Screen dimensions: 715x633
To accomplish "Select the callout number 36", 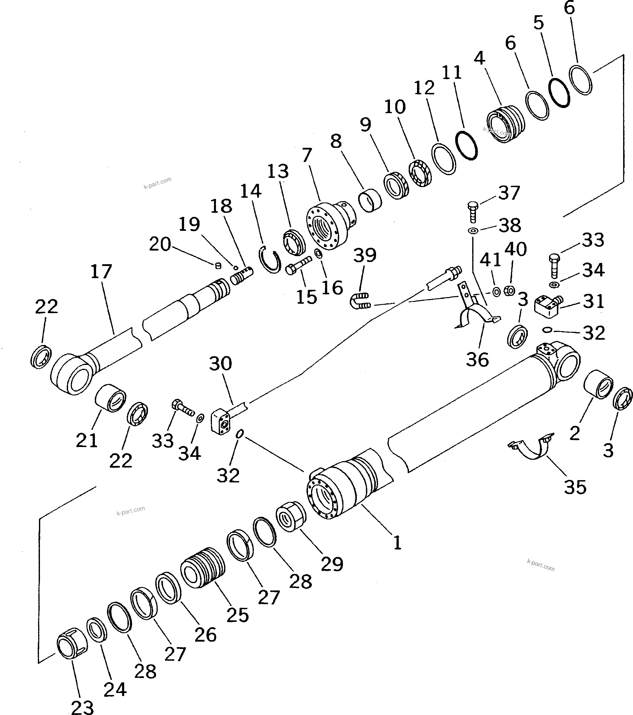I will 477,360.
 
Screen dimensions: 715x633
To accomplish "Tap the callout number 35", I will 575,487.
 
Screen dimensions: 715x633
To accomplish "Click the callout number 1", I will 397,543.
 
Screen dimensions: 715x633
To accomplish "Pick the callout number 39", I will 365,255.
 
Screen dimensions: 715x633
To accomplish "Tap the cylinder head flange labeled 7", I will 329,224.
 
